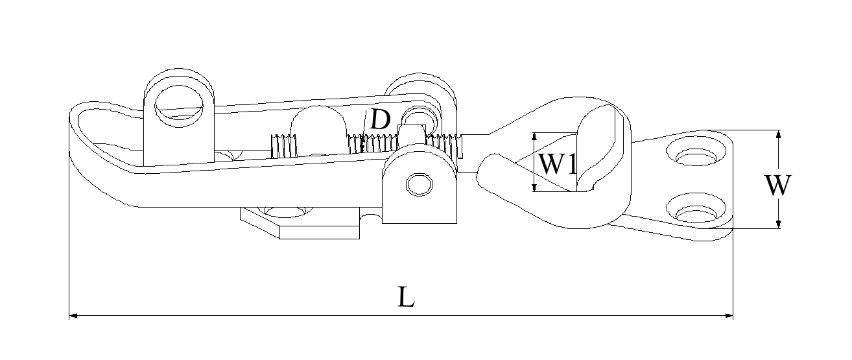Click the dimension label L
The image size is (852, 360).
coord(406,297)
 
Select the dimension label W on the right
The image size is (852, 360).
coord(777,186)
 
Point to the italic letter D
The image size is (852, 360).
coord(380,119)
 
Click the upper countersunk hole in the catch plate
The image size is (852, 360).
coord(694,156)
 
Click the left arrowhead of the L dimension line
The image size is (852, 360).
coord(73,316)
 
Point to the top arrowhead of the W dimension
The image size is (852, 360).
coord(779,134)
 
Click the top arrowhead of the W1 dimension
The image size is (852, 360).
coord(534,136)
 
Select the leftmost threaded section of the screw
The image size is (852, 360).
coord(281,147)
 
